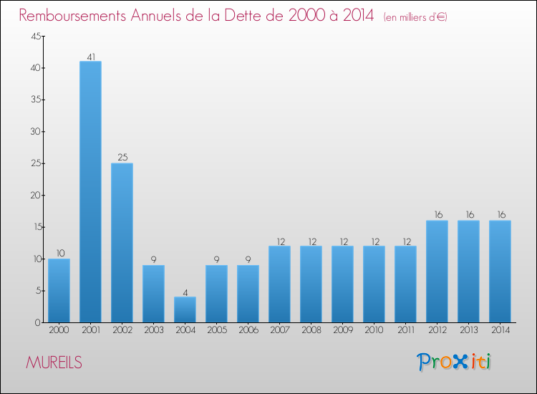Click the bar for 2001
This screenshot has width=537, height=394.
pos(90,191)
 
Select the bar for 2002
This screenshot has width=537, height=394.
pos(122,242)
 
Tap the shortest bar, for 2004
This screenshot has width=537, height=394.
pos(185,309)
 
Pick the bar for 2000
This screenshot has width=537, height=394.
pos(59,290)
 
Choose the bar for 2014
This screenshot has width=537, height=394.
pos(500,271)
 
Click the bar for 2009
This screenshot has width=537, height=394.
pos(342,284)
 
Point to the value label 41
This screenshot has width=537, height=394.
pos(90,57)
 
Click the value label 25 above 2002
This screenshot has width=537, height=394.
pos(122,158)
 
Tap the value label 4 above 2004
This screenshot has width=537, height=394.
pos(185,292)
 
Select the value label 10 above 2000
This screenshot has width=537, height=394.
pos(59,254)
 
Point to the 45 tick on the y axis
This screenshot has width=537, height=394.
pos(35,37)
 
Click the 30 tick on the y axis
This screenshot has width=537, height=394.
pos(35,132)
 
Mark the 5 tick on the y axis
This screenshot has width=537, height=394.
pos(37,291)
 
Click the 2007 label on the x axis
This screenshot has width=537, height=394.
pos(279,331)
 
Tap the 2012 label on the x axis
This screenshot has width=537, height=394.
pos(437,331)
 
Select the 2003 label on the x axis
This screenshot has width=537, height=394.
pos(153,331)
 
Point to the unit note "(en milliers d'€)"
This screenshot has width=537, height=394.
pos(415,16)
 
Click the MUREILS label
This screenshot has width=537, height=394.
pos(54,362)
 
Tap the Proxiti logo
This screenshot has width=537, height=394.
pos(454,362)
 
